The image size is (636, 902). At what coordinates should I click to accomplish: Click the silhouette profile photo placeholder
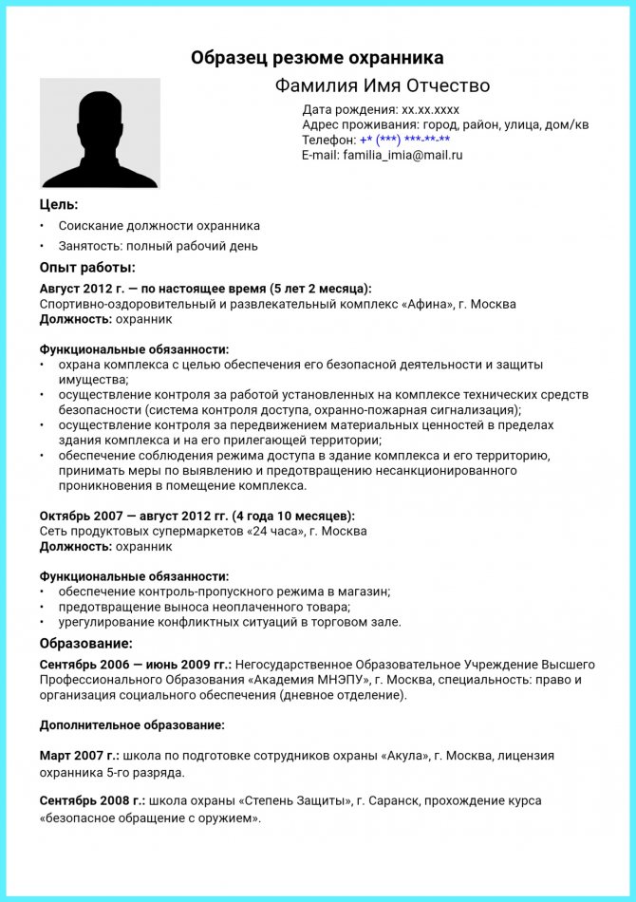pos(100,133)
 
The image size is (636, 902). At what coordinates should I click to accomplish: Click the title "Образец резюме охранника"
pos(317,58)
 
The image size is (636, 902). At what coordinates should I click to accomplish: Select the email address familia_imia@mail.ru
pos(402,155)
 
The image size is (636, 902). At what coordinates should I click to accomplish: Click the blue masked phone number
pos(405,140)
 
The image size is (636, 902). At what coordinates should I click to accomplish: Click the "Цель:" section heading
pos(59,204)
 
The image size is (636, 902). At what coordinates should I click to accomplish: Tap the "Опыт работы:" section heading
pos(87,268)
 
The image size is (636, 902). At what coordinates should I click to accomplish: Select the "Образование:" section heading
pos(85,644)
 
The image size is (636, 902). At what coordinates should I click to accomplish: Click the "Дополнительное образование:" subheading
pos(132,724)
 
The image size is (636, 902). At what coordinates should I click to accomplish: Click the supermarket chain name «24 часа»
pos(279,531)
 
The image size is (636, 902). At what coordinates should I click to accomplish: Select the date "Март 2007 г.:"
pos(80,756)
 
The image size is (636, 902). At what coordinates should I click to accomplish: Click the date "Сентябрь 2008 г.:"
pos(92,799)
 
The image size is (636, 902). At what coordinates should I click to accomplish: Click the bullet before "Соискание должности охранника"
pos(42,226)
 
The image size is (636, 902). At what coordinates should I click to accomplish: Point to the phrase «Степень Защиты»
pos(297,799)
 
